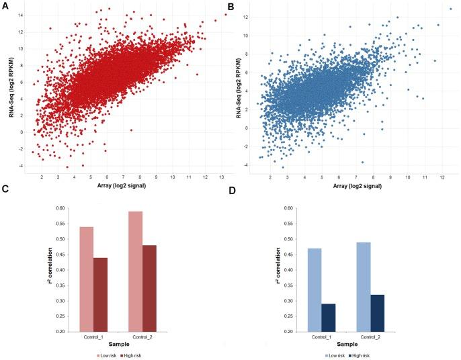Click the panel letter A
pos(5,7)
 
